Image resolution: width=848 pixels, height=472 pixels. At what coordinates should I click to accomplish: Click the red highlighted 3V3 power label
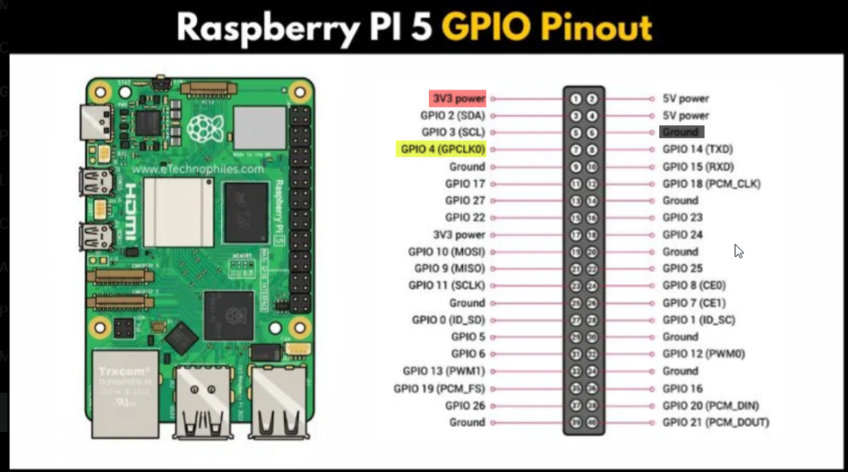pyautogui.click(x=457, y=99)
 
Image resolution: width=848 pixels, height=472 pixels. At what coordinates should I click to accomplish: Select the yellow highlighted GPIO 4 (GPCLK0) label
pyautogui.click(x=441, y=150)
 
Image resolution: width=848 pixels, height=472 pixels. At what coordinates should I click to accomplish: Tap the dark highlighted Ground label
pyautogui.click(x=681, y=132)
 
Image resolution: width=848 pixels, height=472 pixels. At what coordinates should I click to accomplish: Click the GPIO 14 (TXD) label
pyautogui.click(x=697, y=150)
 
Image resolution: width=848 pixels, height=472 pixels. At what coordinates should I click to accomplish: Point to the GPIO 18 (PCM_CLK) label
pyautogui.click(x=711, y=184)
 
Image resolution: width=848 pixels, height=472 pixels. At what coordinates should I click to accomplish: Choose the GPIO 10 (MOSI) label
pyautogui.click(x=446, y=252)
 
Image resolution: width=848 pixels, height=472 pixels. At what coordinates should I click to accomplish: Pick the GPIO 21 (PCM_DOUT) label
pyautogui.click(x=715, y=422)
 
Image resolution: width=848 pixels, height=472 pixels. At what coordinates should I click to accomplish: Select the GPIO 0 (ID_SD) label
pyautogui.click(x=448, y=320)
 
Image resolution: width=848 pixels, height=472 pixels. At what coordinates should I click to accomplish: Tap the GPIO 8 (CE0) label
pyautogui.click(x=693, y=286)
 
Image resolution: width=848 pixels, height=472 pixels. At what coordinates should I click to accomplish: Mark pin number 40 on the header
pyautogui.click(x=592, y=422)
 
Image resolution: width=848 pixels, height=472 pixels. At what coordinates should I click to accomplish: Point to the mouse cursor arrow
pyautogui.click(x=738, y=250)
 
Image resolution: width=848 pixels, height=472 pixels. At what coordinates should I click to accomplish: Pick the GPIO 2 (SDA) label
pyautogui.click(x=452, y=116)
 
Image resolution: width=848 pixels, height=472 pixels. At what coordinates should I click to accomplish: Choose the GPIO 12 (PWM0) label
pyautogui.click(x=704, y=354)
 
